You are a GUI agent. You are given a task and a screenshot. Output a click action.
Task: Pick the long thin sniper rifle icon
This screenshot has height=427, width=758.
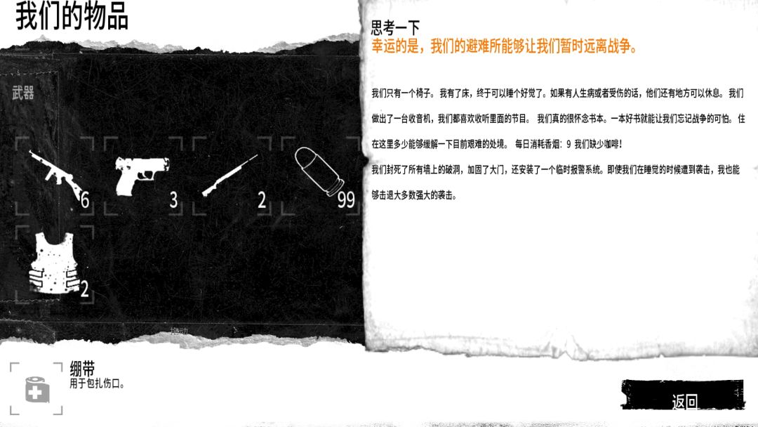tap(229, 175)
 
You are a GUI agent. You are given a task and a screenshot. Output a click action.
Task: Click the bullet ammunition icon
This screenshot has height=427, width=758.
tap(319, 171)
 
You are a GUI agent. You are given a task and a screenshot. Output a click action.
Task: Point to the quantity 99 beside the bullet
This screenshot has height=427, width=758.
tap(346, 199)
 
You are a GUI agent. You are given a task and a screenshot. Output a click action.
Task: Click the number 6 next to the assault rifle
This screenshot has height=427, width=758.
tap(85, 199)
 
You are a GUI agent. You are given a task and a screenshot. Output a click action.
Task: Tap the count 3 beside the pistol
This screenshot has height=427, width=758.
tap(173, 199)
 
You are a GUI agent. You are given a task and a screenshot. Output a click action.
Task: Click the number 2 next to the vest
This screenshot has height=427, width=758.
tap(85, 289)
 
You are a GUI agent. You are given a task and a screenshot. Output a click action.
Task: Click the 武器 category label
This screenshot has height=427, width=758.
tap(22, 93)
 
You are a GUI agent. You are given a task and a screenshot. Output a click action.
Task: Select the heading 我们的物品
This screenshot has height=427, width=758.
tap(72, 16)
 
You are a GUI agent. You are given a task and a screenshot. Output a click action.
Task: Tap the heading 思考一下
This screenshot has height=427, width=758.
tap(395, 27)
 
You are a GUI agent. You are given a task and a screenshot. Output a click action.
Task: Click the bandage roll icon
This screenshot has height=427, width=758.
tap(36, 389)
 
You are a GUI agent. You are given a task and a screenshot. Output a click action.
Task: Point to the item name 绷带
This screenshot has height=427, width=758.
tap(82, 369)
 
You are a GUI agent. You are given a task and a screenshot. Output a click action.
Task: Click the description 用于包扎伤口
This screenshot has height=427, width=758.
tap(97, 384)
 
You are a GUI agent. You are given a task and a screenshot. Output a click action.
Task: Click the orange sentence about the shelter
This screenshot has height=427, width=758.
tap(504, 46)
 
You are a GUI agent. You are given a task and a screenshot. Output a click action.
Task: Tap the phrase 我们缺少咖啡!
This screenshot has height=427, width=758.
tap(599, 144)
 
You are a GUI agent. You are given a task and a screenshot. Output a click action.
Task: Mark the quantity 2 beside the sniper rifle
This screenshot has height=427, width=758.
tap(262, 199)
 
